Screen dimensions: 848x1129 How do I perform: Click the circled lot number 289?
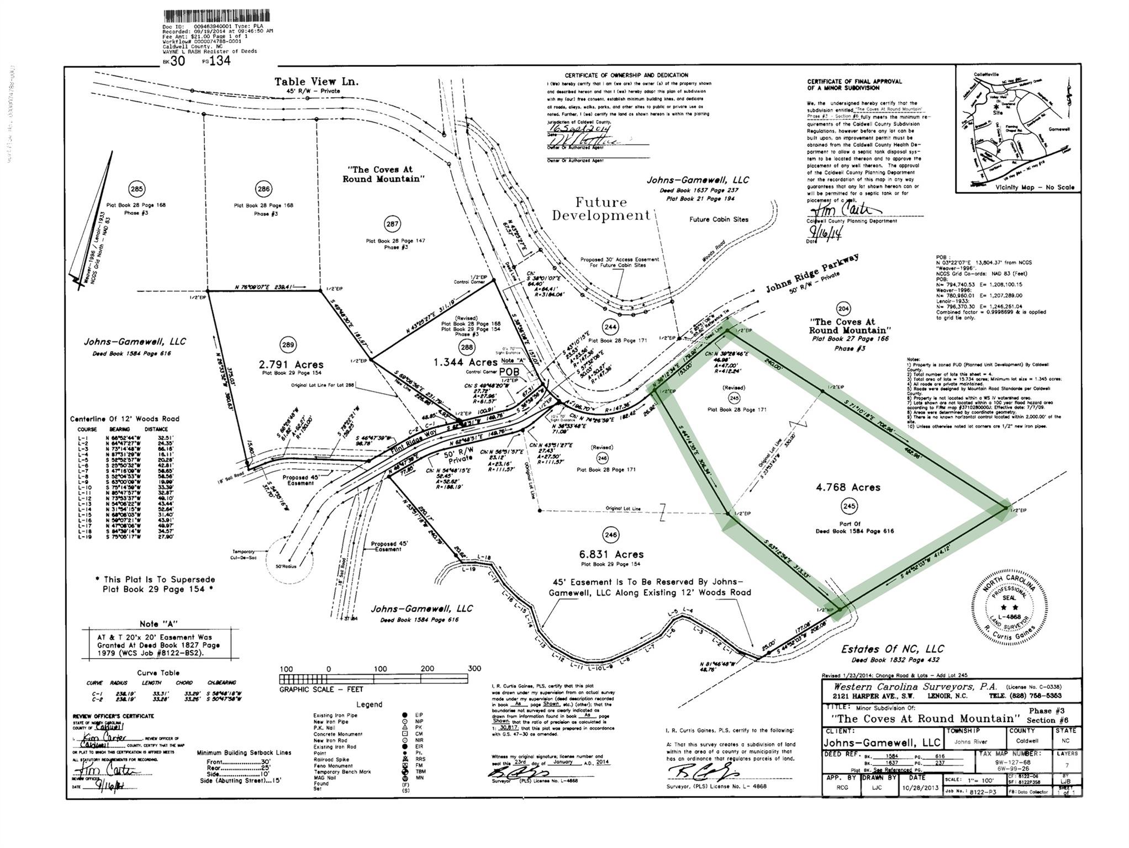pos(288,345)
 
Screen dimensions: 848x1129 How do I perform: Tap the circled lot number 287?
pos(392,224)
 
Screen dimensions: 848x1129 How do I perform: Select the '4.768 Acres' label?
pos(848,487)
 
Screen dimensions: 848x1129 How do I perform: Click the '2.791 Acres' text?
pos(291,364)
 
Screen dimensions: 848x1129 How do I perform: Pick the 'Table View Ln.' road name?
pos(316,82)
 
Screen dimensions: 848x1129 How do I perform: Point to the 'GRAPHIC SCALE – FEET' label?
pos(321,689)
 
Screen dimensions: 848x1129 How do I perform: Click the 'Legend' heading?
pos(369,704)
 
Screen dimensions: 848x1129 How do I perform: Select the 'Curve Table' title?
pos(159,672)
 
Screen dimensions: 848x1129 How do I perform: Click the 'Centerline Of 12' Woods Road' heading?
pos(125,419)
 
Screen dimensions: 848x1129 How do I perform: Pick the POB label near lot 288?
pos(509,372)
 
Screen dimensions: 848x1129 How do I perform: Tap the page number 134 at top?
pos(220,60)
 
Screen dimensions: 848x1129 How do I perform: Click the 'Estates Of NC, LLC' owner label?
pos(892,649)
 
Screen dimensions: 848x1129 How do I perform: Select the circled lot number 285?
pos(136,189)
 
